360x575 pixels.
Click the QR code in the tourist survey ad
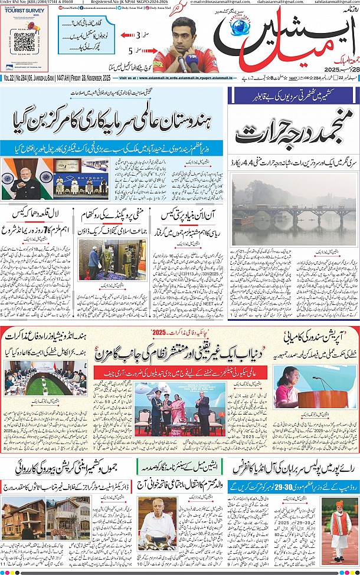(x=24, y=42)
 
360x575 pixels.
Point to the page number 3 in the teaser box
(x=139, y=35)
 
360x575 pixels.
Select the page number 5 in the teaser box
(x=132, y=51)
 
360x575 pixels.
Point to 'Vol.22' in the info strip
(x=9, y=78)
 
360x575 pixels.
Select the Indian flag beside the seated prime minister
(x=8, y=178)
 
